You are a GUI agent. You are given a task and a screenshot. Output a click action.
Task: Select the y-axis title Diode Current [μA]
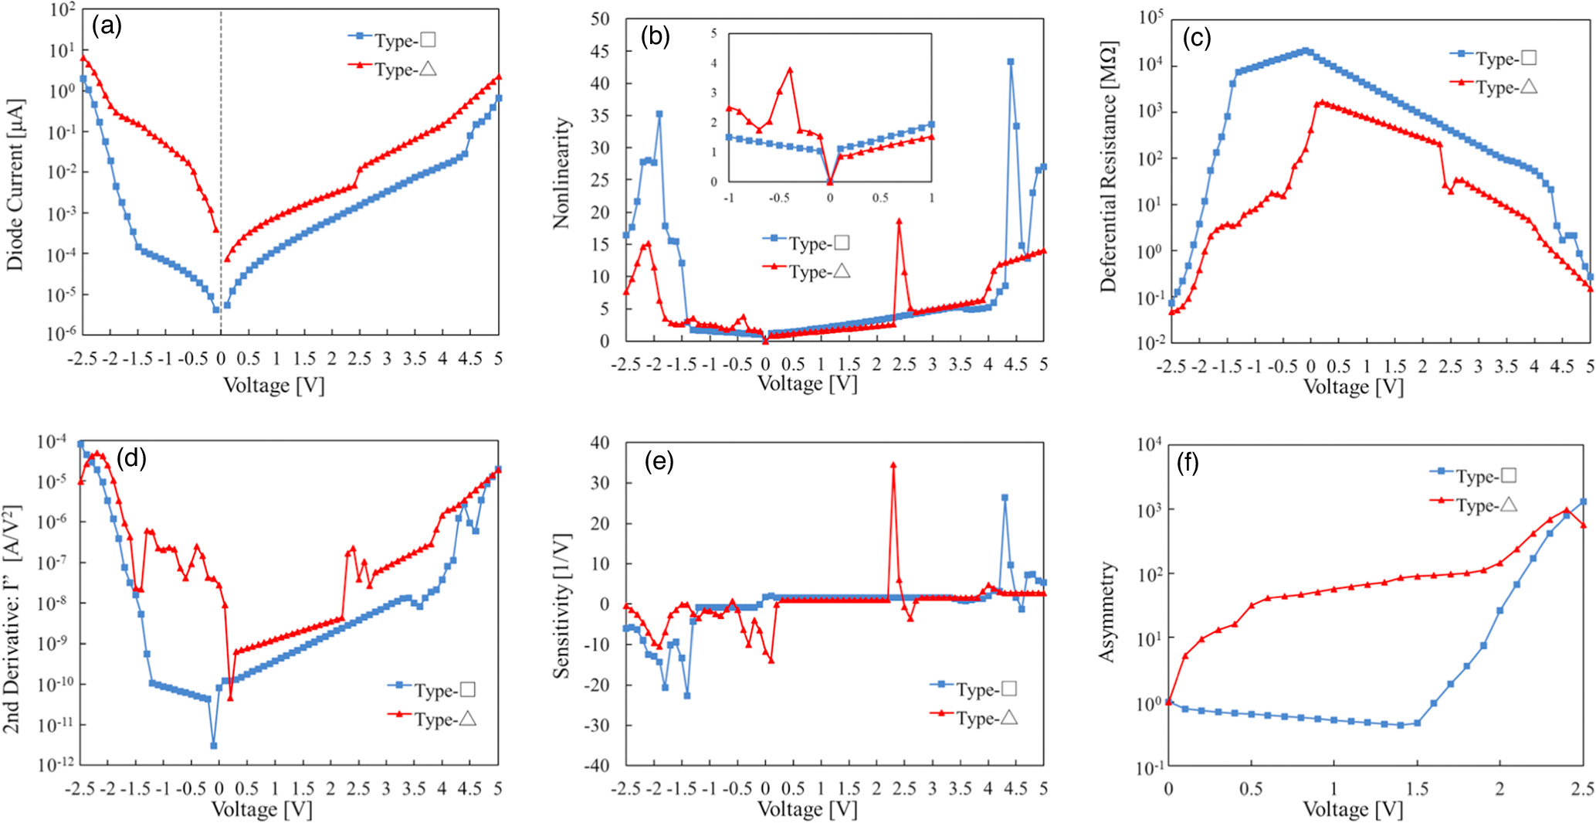pyautogui.click(x=15, y=184)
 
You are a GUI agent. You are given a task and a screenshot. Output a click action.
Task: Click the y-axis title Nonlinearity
pyautogui.click(x=561, y=173)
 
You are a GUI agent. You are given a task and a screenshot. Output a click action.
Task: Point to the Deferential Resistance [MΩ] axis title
pyautogui.click(x=1109, y=166)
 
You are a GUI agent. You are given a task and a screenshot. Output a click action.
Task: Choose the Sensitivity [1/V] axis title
pyautogui.click(x=561, y=605)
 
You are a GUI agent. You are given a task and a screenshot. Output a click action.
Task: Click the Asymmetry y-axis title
pyautogui.click(x=1107, y=612)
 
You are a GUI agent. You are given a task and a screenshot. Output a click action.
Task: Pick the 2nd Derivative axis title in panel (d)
pyautogui.click(x=12, y=619)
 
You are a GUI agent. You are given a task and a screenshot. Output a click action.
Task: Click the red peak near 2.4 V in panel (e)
pyautogui.click(x=893, y=465)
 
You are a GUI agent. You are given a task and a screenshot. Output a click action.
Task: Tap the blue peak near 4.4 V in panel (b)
pyautogui.click(x=1010, y=62)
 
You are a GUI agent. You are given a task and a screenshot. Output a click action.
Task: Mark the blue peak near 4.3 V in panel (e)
pyautogui.click(x=1005, y=498)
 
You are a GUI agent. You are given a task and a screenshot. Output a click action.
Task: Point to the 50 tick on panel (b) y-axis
pyautogui.click(x=600, y=19)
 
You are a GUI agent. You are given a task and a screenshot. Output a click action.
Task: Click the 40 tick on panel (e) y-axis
pyautogui.click(x=600, y=443)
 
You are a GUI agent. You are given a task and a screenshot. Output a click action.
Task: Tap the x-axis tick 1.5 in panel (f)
pyautogui.click(x=1417, y=788)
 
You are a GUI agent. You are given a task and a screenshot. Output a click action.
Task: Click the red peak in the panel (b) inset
pyautogui.click(x=790, y=69)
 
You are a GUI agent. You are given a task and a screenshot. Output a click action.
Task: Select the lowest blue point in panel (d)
pyautogui.click(x=213, y=746)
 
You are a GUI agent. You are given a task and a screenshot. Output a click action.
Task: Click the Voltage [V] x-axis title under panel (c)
pyautogui.click(x=1353, y=386)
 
